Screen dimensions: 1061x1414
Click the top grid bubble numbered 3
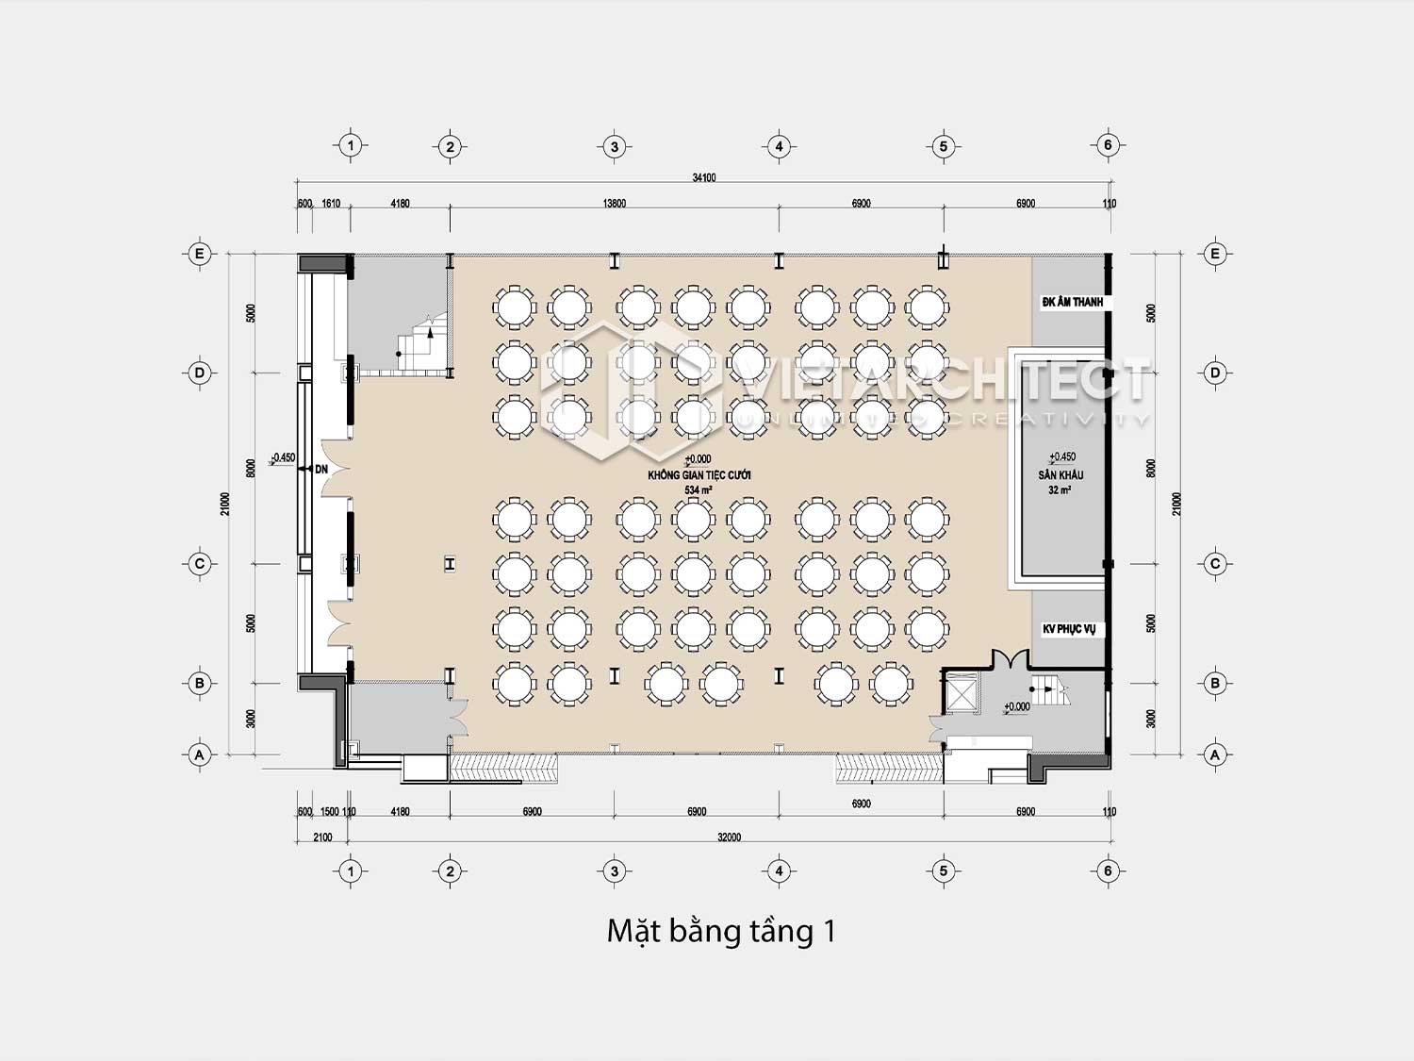pos(615,146)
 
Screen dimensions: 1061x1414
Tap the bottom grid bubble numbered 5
pos(943,871)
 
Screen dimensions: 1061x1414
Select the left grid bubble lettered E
pos(199,254)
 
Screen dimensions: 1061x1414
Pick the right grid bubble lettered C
pos(1215,564)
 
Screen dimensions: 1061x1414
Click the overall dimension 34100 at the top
pos(703,177)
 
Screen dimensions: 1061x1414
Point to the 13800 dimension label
pos(614,204)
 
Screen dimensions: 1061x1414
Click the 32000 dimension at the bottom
pos(729,837)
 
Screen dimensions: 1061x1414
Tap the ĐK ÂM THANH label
pos(1072,303)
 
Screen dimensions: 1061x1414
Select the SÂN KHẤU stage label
pos(1060,475)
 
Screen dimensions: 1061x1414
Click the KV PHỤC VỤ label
pos(1069,629)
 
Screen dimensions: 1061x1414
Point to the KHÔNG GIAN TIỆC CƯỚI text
pos(699,475)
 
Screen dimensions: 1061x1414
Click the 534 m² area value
pos(699,490)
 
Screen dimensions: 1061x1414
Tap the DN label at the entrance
pos(321,469)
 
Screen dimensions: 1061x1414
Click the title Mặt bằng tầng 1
pos(721,932)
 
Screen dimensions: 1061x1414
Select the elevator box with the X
pos(962,696)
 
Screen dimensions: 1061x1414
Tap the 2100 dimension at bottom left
pos(322,837)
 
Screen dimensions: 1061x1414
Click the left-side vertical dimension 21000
pos(225,504)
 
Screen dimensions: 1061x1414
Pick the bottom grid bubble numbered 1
pos(351,871)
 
